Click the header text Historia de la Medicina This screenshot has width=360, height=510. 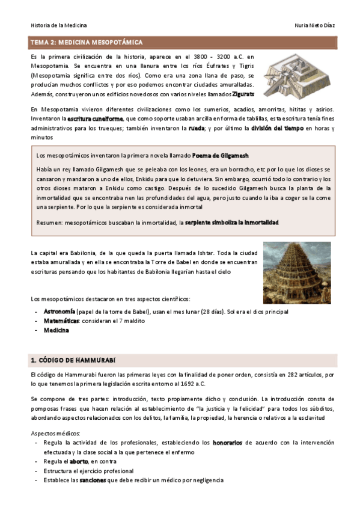[58, 25]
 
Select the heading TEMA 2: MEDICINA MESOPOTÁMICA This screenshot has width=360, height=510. [87, 42]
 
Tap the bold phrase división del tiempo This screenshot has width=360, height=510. [276, 128]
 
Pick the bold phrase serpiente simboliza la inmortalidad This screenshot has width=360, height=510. [232, 223]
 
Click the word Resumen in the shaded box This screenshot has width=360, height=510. [50, 223]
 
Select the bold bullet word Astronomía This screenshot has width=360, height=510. [59, 312]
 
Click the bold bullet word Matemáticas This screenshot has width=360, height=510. [61, 321]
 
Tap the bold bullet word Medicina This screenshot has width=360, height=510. [56, 330]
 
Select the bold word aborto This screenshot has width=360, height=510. [79, 461]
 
